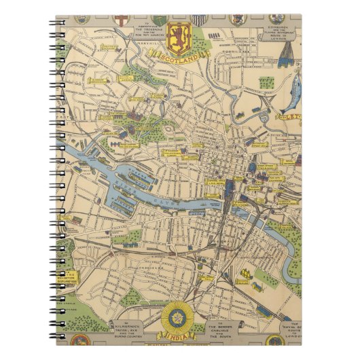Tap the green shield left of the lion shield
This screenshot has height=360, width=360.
(x=158, y=20)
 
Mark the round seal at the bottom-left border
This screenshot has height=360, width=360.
(x=82, y=340)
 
